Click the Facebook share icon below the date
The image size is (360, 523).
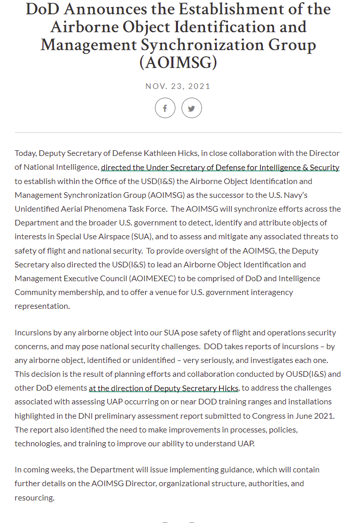(x=165, y=108)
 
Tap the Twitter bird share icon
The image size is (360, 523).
(x=192, y=108)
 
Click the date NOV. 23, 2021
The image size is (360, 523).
(x=178, y=86)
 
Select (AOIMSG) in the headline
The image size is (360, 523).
(x=178, y=62)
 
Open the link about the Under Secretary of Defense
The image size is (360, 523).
(x=220, y=167)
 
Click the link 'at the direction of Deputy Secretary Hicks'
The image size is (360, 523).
(x=164, y=388)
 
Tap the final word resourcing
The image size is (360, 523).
(x=34, y=497)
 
